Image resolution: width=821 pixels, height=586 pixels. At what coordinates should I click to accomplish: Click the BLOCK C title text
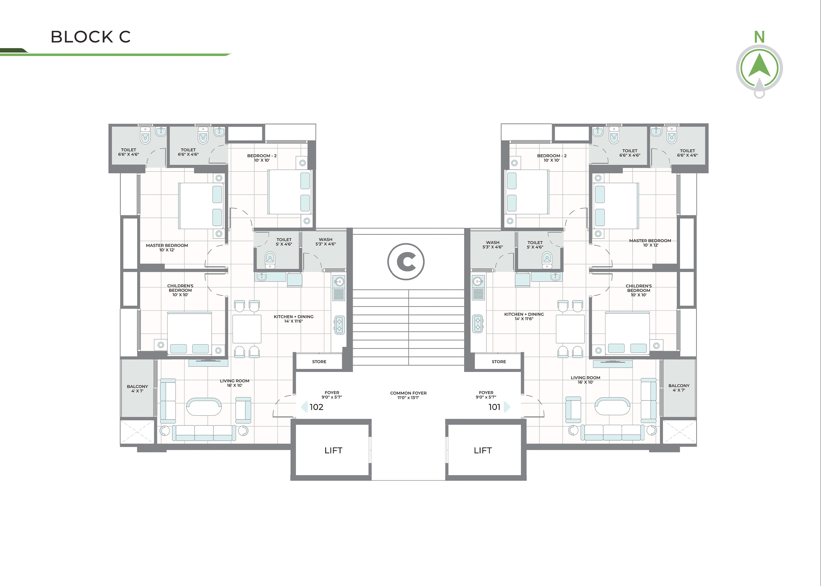pos(90,37)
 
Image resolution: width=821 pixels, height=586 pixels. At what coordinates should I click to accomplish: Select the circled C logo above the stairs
pos(406,261)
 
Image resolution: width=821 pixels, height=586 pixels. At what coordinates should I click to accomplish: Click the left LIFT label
pos(333,450)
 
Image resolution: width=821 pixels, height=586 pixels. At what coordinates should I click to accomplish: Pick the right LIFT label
pos(483,450)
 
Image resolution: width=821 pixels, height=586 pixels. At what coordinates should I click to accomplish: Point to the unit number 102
pos(316,407)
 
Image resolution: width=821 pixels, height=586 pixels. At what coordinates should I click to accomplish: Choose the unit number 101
pos(494,407)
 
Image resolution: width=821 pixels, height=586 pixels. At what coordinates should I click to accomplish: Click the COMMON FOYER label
pos(408,395)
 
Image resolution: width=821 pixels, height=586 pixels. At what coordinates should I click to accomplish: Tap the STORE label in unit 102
pos(319,362)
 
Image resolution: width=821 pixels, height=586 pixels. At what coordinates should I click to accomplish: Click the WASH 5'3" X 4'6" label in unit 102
pos(326,242)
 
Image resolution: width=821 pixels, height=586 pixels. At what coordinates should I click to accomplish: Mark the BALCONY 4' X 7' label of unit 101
pos(679,388)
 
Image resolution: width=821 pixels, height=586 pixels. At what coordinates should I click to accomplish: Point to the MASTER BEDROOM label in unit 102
pos(167,248)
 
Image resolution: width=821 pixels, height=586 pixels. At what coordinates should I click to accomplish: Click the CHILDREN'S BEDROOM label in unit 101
pos(639,290)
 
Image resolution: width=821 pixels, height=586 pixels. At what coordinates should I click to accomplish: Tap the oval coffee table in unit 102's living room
pos(204,407)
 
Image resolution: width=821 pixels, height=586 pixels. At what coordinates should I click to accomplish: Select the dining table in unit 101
pos(570,329)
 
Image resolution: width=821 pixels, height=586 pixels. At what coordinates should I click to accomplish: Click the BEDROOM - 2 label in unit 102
pos(262,158)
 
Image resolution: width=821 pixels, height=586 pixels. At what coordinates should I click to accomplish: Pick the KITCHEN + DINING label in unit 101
pos(524,316)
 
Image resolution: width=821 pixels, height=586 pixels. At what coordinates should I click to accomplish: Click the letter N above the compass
pos(759,37)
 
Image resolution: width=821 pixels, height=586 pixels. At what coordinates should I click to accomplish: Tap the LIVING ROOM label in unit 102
pos(234,383)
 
